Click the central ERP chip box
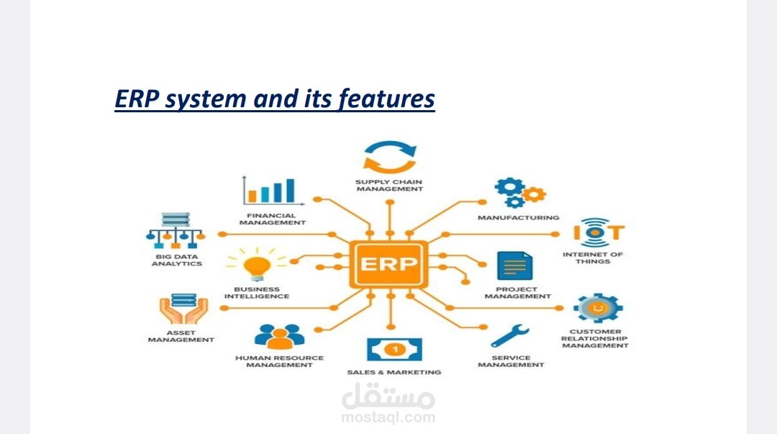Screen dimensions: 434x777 [388, 263]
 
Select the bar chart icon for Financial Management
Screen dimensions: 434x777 [270, 190]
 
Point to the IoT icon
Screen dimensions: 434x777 [599, 232]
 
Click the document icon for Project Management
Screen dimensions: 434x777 [515, 266]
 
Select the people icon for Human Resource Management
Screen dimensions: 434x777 [279, 336]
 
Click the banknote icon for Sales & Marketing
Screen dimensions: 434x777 [394, 349]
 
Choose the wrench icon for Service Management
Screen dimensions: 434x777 [509, 335]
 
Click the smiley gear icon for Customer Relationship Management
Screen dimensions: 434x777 [597, 308]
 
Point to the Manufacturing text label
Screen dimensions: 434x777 [518, 217]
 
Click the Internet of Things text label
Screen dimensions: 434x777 [592, 258]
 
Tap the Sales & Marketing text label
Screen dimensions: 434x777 [394, 372]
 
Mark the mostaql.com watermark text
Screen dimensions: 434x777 [388, 417]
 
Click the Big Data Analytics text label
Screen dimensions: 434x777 [176, 260]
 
